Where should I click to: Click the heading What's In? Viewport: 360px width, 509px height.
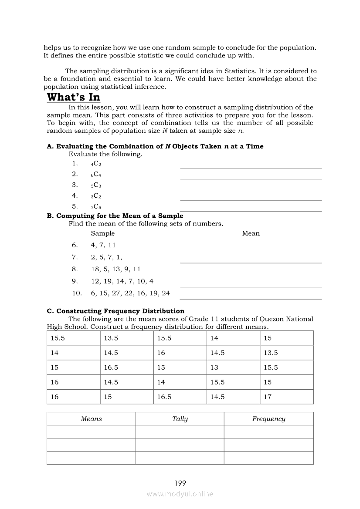coord(73,97)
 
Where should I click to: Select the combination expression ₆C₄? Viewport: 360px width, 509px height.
coord(96,175)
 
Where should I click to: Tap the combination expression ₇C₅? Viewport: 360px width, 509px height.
coord(96,207)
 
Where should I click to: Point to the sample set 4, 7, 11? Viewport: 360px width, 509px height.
coord(103,245)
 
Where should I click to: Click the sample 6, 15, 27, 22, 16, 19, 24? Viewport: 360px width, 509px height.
coord(130,293)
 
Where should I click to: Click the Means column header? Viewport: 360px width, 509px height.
coord(91,419)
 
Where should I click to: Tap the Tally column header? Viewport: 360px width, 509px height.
coord(180,419)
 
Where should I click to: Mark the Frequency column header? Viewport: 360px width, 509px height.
coord(268,419)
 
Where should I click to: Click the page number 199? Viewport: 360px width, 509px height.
coord(180,483)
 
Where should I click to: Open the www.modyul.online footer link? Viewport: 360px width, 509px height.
coord(180,494)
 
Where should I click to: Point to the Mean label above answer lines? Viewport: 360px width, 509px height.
coord(251,233)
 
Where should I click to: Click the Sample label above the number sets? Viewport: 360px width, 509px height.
coord(102,233)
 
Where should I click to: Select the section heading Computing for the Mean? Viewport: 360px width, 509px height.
coord(115,216)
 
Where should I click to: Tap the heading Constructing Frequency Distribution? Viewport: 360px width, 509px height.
coord(115,311)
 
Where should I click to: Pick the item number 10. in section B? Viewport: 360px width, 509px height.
coord(77,293)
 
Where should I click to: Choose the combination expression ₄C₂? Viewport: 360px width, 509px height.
coord(96,164)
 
